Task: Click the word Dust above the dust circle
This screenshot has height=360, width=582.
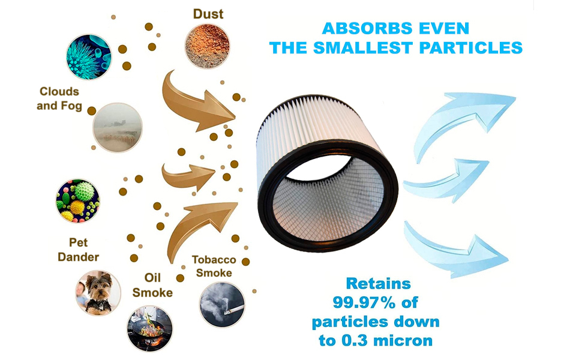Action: pyautogui.click(x=208, y=14)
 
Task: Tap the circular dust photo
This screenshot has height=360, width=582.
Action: pyautogui.click(x=207, y=46)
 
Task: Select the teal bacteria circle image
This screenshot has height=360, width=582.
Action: pyautogui.click(x=89, y=57)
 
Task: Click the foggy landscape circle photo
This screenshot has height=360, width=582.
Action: pyautogui.click(x=117, y=127)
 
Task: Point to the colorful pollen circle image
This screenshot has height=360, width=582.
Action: pyautogui.click(x=78, y=201)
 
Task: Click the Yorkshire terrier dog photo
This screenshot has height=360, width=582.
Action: pyautogui.click(x=98, y=293)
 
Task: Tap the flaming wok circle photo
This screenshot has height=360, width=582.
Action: pyautogui.click(x=149, y=329)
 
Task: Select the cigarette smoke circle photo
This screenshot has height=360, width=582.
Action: pyautogui.click(x=222, y=304)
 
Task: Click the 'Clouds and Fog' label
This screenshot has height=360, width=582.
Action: pyautogui.click(x=59, y=99)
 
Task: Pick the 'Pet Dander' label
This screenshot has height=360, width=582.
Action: pyautogui.click(x=79, y=250)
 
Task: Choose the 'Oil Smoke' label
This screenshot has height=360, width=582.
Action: pyautogui.click(x=152, y=285)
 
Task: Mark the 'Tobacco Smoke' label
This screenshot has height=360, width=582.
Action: pyautogui.click(x=214, y=266)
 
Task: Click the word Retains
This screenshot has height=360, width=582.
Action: pyautogui.click(x=378, y=284)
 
